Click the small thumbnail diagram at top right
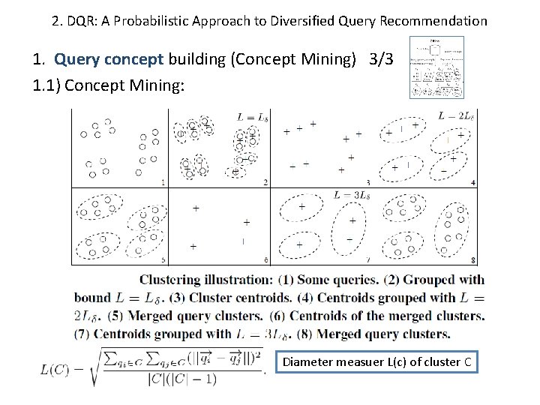(436, 67)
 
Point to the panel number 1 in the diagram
(163, 182)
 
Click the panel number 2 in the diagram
(265, 182)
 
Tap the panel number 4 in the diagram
(472, 182)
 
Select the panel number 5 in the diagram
(163, 259)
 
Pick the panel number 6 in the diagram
(265, 259)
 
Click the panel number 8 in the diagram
(472, 259)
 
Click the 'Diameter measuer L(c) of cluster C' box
(376, 362)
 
